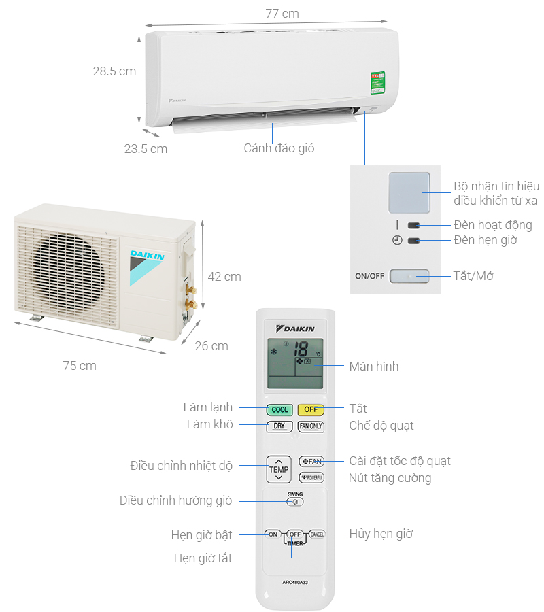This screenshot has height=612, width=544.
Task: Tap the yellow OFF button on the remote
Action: (311, 409)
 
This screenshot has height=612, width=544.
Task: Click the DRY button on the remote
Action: (279, 426)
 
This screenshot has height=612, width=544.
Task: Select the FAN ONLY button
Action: (311, 426)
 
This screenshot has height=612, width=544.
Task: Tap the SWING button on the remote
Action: (295, 502)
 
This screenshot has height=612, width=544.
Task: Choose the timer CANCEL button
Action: (317, 534)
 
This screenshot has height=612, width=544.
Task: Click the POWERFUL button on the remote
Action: (311, 477)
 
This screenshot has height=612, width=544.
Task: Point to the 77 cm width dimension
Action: (271, 14)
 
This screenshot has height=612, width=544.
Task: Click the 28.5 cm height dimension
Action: (114, 71)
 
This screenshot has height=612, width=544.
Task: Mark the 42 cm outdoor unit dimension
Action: (224, 277)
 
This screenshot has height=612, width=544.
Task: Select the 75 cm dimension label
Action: (80, 366)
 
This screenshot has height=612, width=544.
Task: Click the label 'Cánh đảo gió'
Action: (279, 148)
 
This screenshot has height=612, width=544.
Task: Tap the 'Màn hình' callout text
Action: (374, 367)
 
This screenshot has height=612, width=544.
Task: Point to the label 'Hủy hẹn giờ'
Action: (381, 534)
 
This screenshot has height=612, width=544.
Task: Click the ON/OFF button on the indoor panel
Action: (409, 276)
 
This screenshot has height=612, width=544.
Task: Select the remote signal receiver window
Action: (409, 192)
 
